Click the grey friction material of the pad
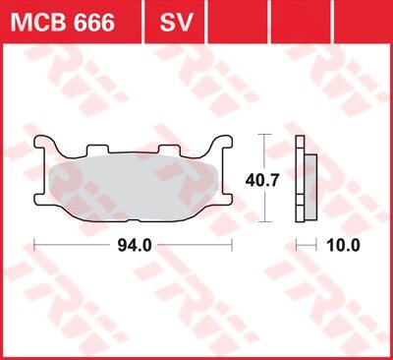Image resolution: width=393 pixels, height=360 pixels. [134, 183]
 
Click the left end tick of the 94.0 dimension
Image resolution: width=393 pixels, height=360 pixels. [35, 244]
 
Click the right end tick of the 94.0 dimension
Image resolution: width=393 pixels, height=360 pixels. [232, 244]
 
